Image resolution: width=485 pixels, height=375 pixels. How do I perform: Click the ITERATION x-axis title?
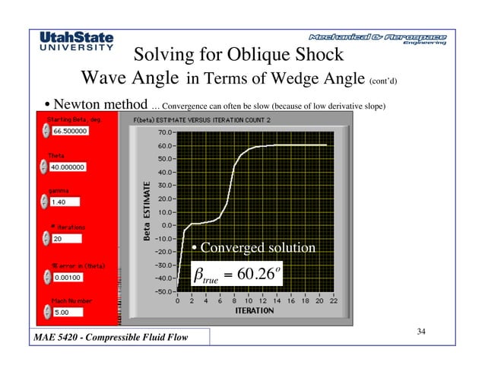[255, 310]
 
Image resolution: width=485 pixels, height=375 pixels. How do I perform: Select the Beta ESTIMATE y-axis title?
[148, 211]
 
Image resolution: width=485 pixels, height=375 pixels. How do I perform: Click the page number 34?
[423, 331]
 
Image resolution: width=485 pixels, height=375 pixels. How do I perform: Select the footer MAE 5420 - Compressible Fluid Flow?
[109, 337]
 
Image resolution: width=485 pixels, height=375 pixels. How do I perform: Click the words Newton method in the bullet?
[94, 103]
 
